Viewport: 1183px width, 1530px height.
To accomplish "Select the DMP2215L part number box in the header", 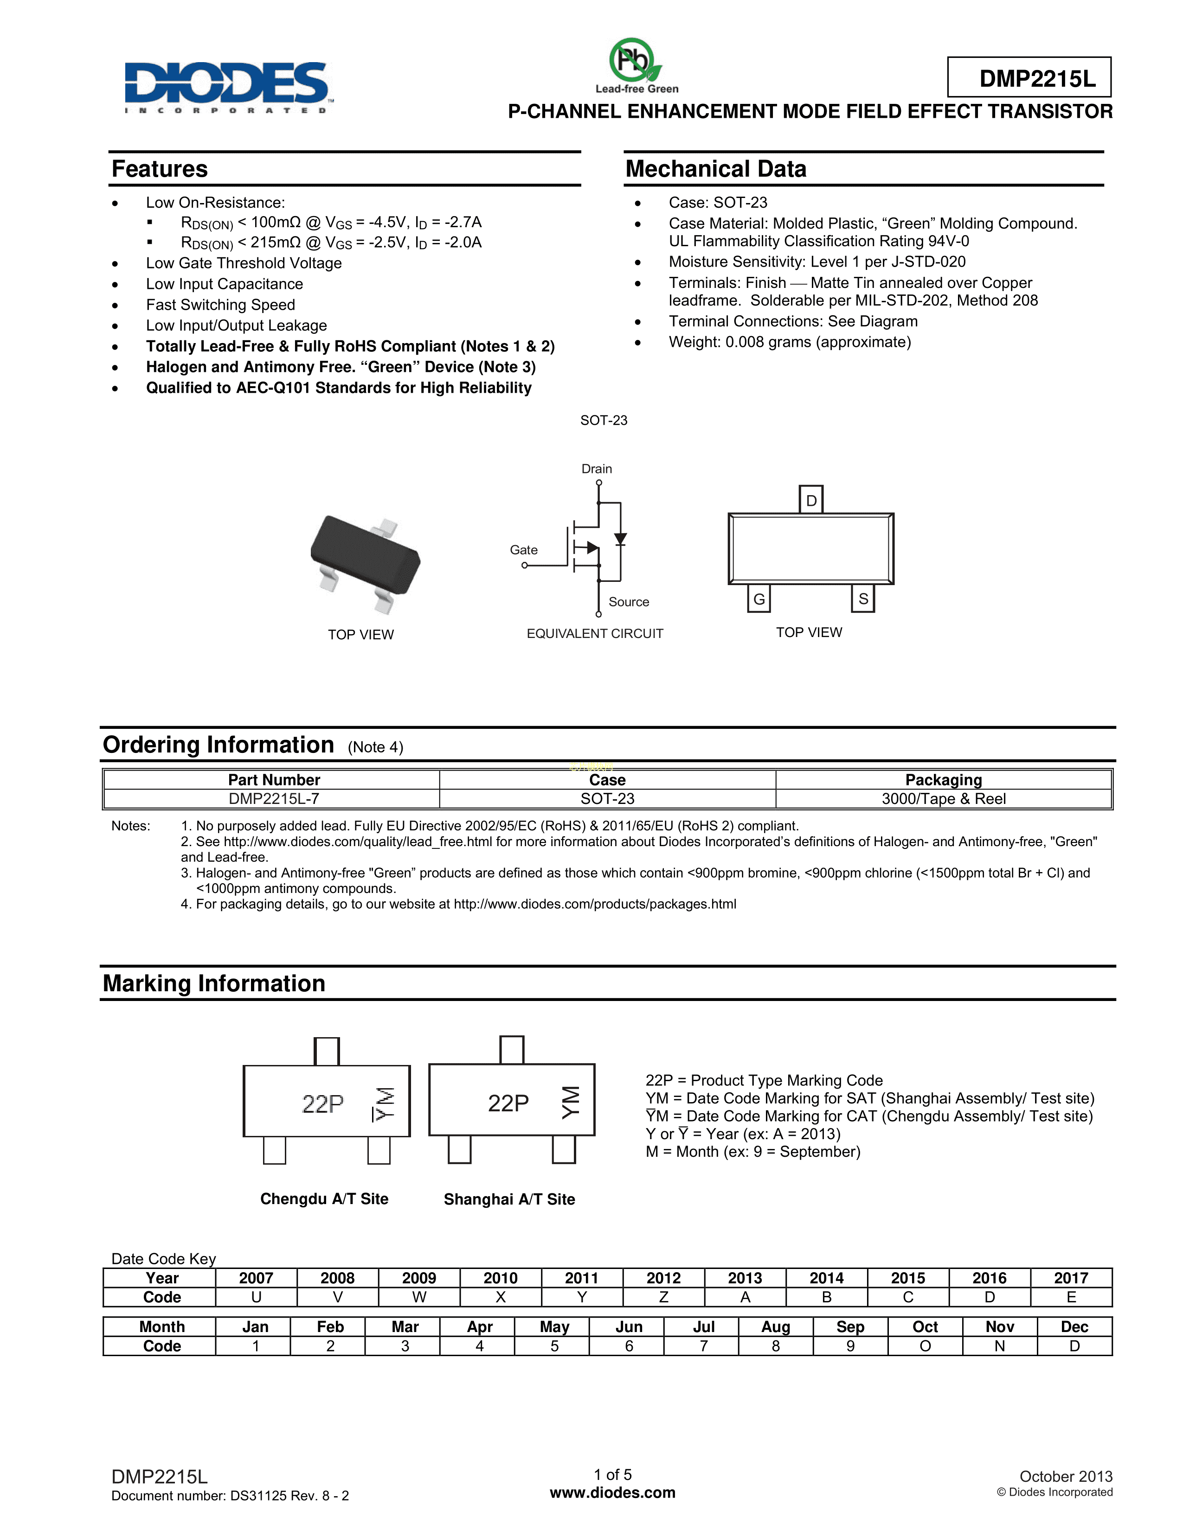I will (x=1029, y=78).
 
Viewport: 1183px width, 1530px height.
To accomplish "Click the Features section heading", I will (x=160, y=169).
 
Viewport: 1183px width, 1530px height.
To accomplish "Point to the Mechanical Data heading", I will (x=715, y=169).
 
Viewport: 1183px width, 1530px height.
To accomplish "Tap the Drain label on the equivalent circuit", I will (x=597, y=469).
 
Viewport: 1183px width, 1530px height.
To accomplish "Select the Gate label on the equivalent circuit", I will (x=523, y=550).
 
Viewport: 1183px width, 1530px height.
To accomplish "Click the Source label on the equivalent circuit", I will (x=629, y=602).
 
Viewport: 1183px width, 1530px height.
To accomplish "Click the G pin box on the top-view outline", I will (x=759, y=599).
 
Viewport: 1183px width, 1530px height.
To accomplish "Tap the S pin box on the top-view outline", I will (x=863, y=599).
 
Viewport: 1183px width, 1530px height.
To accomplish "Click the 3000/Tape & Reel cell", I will (x=943, y=799).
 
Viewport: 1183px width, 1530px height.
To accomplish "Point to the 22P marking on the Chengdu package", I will (x=323, y=1103).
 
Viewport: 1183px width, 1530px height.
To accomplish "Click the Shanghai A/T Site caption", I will (x=509, y=1199).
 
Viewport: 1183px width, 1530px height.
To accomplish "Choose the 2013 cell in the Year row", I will (x=745, y=1278).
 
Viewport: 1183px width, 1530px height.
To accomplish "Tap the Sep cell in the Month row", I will (x=850, y=1327).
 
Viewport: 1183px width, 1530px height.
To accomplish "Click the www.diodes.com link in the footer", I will (x=612, y=1493).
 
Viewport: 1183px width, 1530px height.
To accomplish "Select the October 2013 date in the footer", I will (x=1065, y=1477).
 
